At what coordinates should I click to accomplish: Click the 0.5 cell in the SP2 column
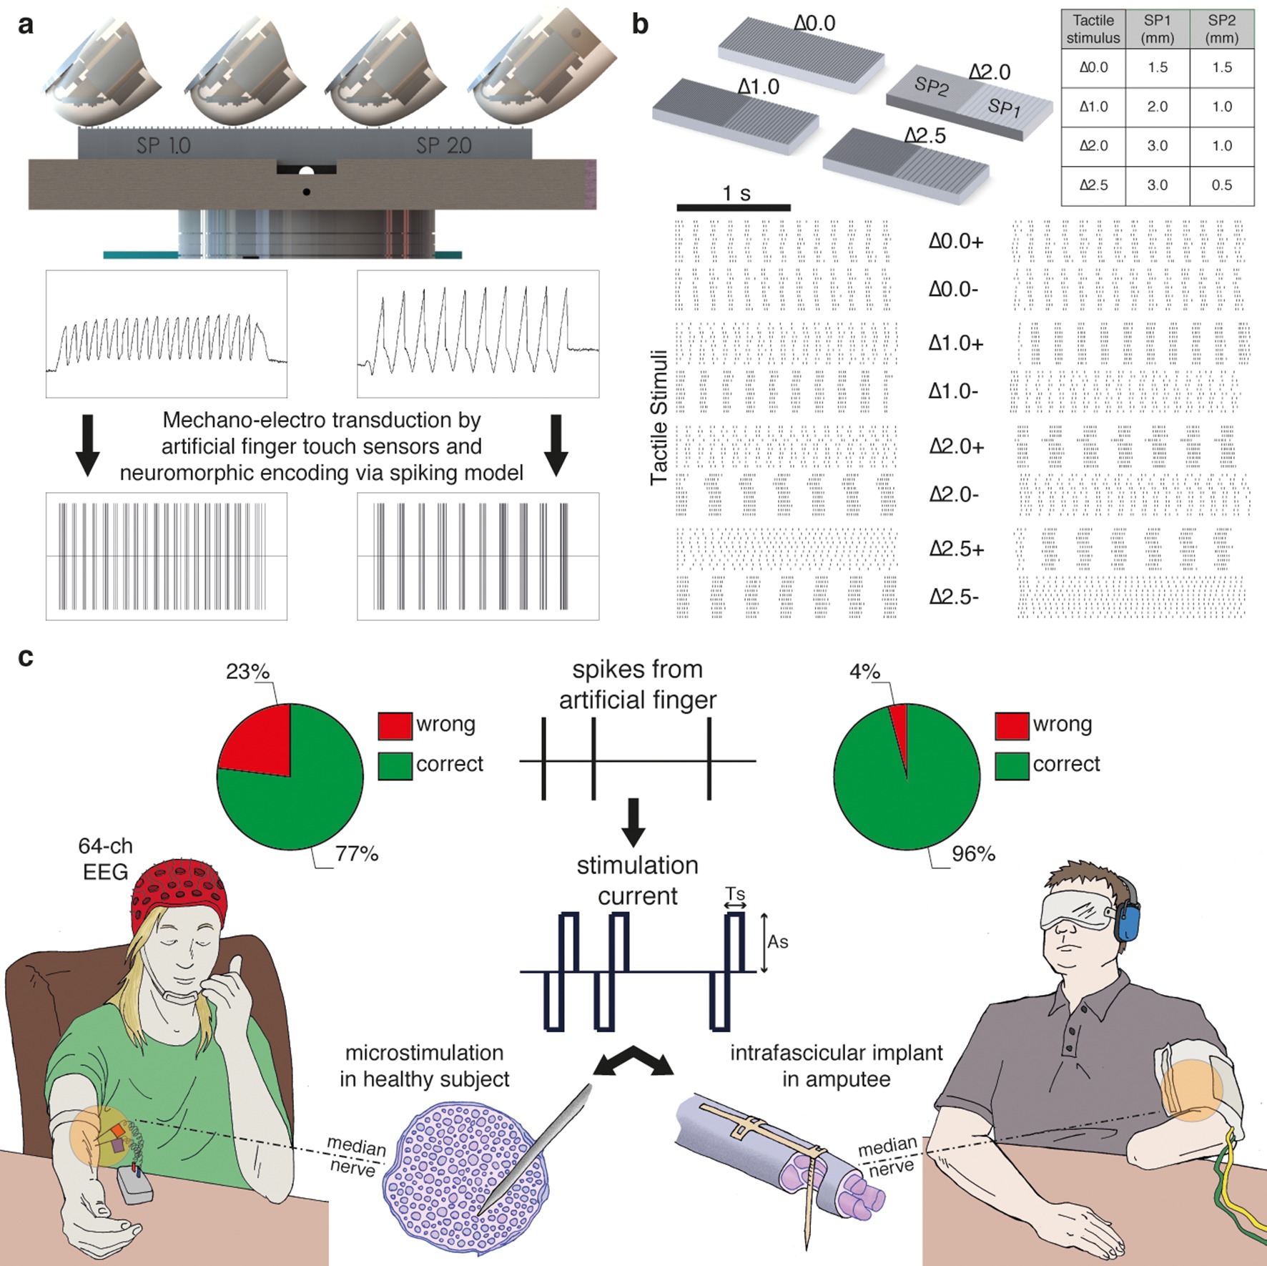tap(1221, 185)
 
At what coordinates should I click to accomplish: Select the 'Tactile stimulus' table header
tap(1093, 29)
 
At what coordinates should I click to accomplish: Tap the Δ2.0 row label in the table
tap(1093, 146)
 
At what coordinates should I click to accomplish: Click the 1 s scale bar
tap(734, 207)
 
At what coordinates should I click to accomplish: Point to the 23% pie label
tap(247, 672)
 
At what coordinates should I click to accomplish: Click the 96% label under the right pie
tap(973, 854)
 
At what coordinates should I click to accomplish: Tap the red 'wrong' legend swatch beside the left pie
tap(395, 725)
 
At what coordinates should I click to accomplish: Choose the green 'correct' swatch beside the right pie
tap(1012, 765)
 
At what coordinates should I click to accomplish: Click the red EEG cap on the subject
tap(179, 895)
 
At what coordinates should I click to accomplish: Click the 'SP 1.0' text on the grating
tap(163, 146)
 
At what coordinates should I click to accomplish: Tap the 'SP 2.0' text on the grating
tap(443, 146)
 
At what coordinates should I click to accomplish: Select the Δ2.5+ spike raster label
tap(957, 549)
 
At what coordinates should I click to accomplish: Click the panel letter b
tap(640, 25)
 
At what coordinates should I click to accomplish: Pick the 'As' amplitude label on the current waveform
tap(777, 942)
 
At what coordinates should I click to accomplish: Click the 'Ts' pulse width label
tap(735, 894)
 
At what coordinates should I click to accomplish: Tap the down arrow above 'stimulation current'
tap(633, 823)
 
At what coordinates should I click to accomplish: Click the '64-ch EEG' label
tap(105, 858)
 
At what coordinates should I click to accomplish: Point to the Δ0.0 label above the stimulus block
tap(814, 24)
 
